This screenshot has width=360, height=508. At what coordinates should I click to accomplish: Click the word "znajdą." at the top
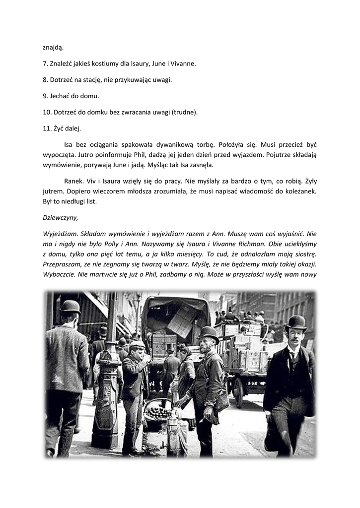click(x=53, y=48)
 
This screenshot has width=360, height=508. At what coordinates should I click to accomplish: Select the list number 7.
click(x=46, y=64)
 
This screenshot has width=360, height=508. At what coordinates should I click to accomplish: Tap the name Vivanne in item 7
click(x=182, y=64)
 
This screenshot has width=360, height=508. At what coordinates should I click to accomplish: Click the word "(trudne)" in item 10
click(x=184, y=112)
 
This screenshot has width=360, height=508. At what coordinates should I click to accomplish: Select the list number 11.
click(x=47, y=127)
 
